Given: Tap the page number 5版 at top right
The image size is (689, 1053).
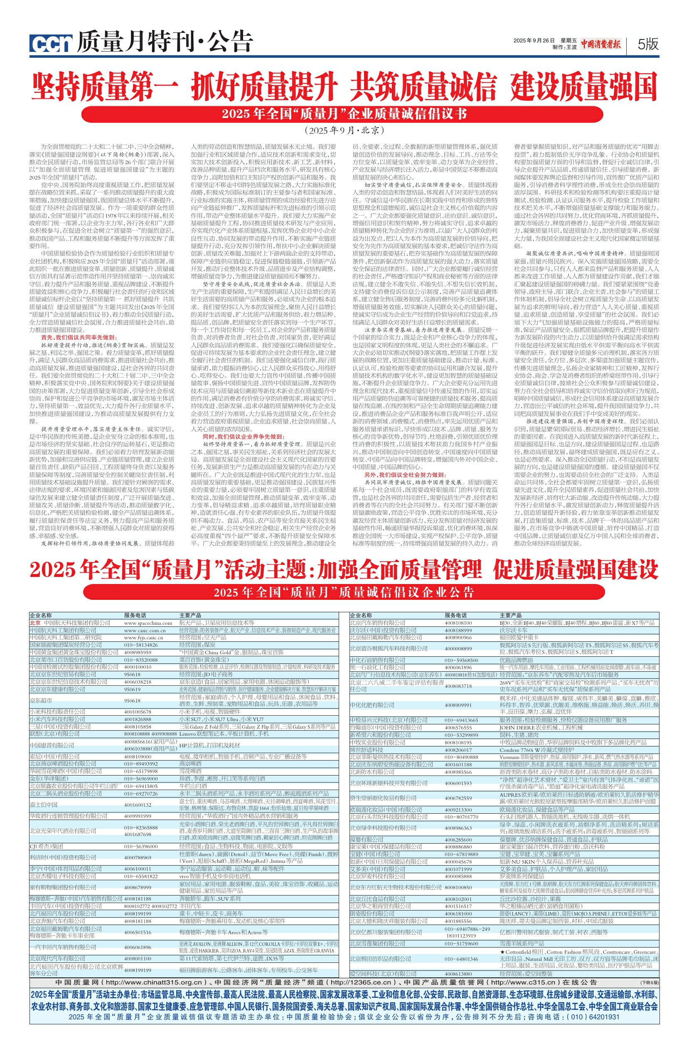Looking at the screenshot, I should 648,43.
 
